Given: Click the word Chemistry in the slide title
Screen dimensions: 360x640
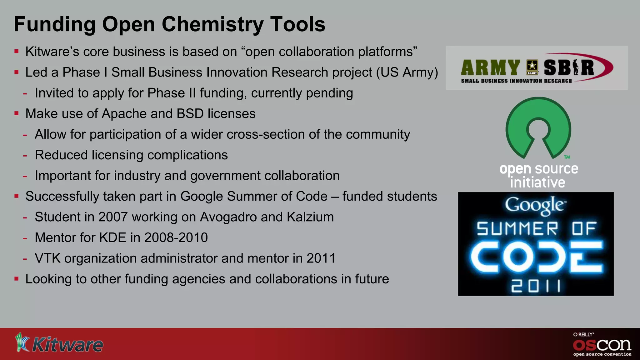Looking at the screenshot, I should point(213,25).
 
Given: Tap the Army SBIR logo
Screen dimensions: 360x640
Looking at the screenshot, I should point(537,68).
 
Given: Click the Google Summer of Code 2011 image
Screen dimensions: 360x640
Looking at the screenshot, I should point(536,244).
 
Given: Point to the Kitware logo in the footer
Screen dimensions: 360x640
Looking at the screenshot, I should point(59,344).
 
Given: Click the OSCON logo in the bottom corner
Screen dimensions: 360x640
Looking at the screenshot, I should point(602,345).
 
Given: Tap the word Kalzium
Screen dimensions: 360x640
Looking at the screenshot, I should point(310,217).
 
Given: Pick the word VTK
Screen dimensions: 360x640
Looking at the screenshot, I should point(47,258).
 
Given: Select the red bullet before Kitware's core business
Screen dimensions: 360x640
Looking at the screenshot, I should point(17,51).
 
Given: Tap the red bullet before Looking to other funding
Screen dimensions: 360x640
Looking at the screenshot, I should point(17,278).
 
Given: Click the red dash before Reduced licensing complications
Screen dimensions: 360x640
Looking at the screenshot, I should point(25,155).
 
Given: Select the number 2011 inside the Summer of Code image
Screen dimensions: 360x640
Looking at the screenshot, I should point(536,286).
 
